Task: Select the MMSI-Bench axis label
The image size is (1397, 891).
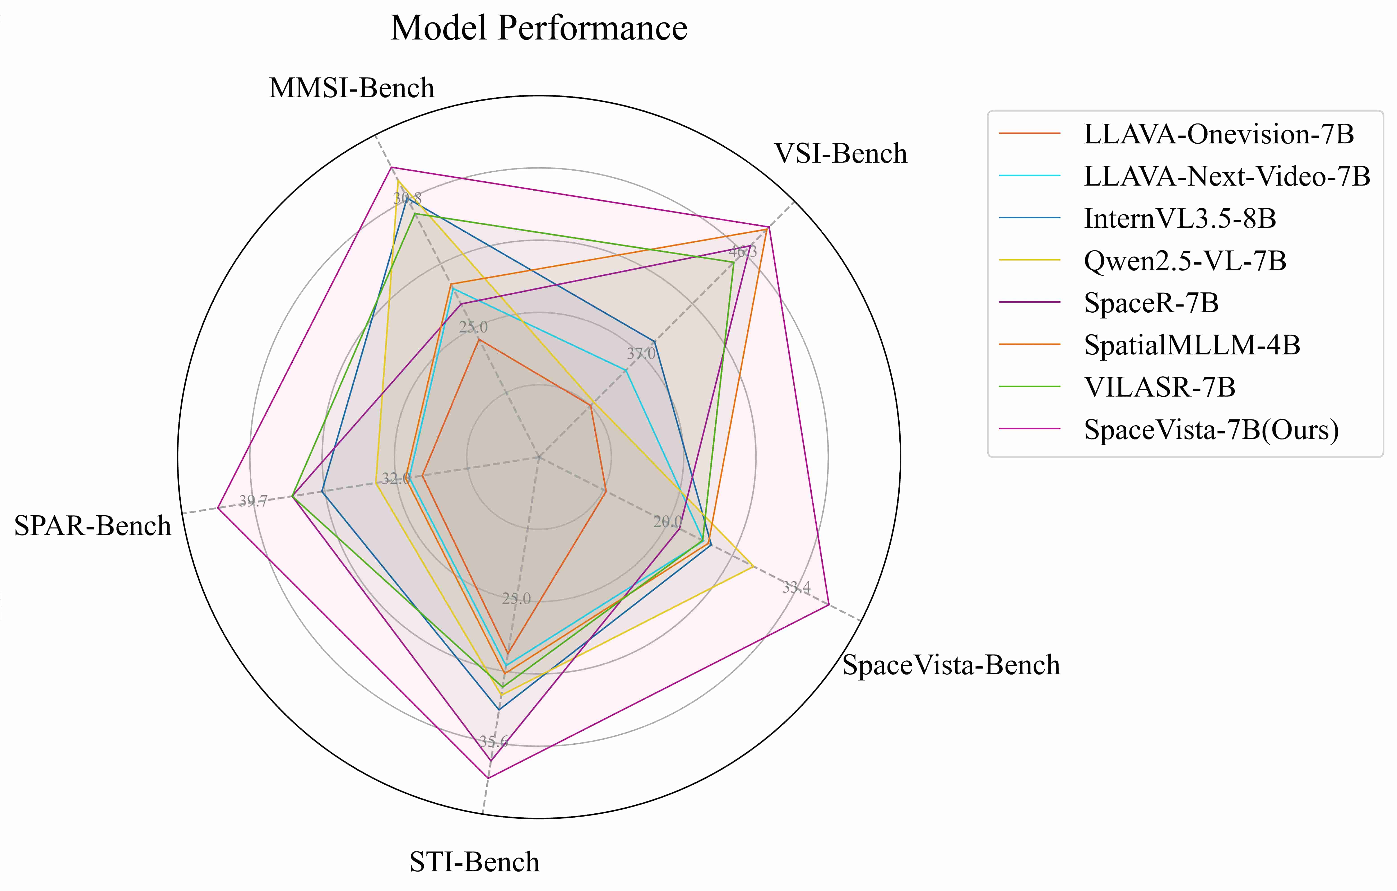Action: pyautogui.click(x=351, y=88)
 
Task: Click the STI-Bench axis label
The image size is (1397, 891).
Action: pyautogui.click(x=474, y=862)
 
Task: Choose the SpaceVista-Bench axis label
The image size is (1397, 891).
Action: pyautogui.click(x=951, y=665)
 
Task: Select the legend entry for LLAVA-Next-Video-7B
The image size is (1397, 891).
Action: pyautogui.click(x=1226, y=176)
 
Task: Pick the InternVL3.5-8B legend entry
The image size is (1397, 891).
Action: pyautogui.click(x=1180, y=219)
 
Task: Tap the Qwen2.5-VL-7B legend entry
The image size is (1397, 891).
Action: pyautogui.click(x=1185, y=261)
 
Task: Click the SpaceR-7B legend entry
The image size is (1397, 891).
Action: pyautogui.click(x=1151, y=303)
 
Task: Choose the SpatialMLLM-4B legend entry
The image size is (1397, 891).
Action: pyautogui.click(x=1192, y=345)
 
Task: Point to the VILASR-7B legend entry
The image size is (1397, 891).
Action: pyautogui.click(x=1159, y=387)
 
